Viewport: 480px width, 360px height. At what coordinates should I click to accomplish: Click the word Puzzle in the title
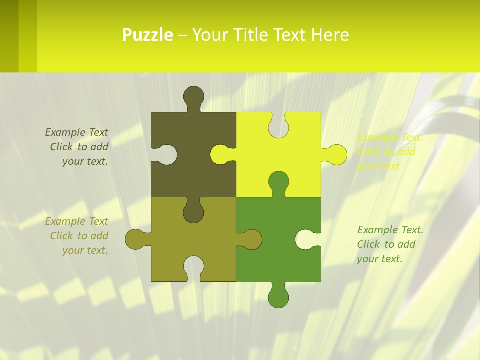pos(147,35)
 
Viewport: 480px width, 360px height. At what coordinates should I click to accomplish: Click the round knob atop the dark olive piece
pos(194,96)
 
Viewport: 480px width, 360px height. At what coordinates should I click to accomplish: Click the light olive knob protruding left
pos(135,239)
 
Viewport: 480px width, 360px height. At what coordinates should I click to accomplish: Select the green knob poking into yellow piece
pos(278,181)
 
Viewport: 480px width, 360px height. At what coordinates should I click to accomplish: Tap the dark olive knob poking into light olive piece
pos(194,212)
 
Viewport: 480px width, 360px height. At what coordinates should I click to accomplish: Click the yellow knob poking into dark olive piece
pos(220,154)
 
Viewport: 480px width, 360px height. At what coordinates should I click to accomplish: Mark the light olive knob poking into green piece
pos(251,239)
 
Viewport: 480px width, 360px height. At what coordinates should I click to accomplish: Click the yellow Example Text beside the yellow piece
pos(390,138)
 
